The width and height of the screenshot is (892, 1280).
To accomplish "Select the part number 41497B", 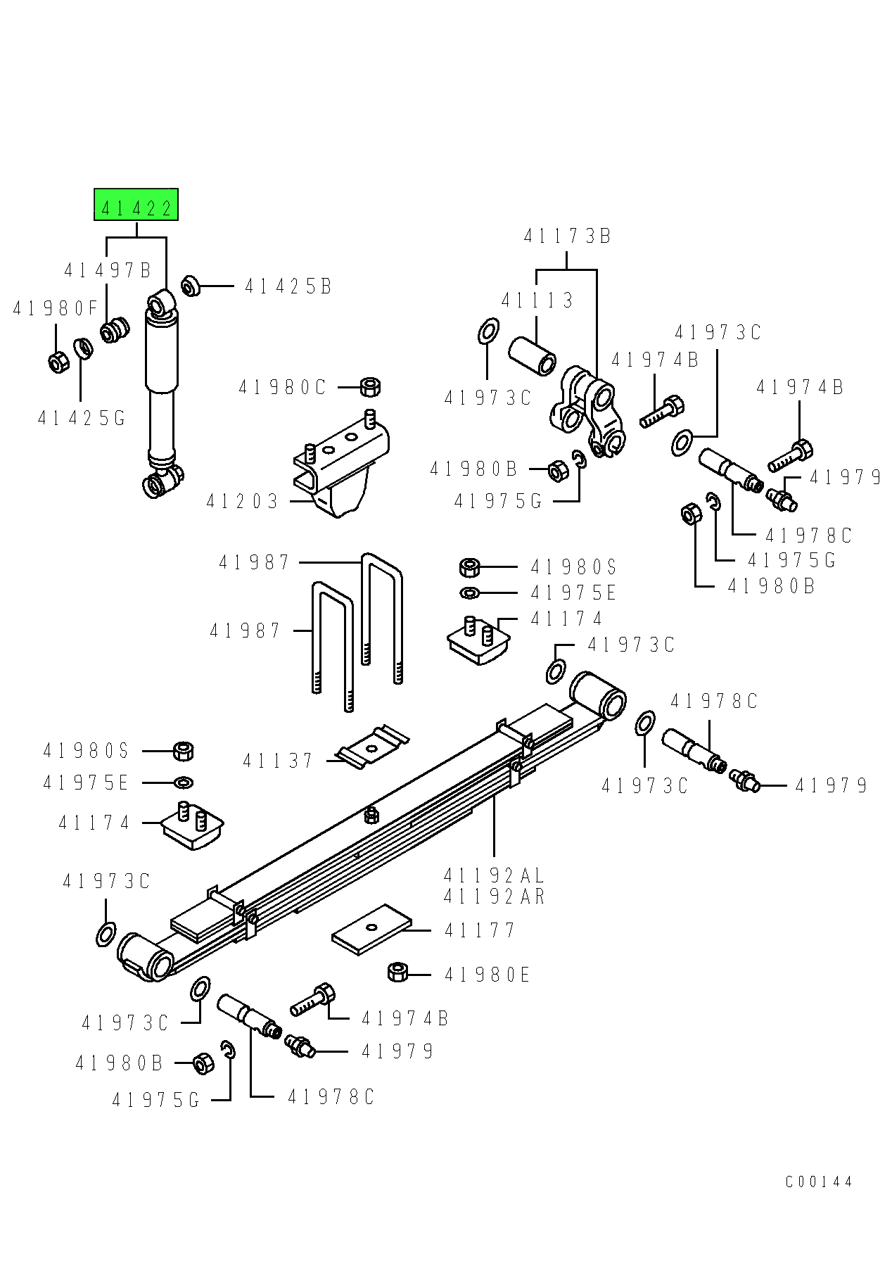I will (108, 270).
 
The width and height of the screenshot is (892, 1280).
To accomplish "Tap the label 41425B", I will (288, 286).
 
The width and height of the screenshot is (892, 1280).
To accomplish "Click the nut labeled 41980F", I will (58, 362).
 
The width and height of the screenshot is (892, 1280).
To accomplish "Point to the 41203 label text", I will (242, 502).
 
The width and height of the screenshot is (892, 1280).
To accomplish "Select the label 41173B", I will (567, 236).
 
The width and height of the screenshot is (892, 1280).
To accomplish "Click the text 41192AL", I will (494, 875).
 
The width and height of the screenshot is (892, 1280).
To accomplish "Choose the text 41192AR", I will (494, 896).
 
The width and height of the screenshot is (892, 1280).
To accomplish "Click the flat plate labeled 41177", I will (371, 930).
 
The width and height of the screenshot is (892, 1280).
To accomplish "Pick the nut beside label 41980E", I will (397, 973).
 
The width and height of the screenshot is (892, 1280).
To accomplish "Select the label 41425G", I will (82, 419).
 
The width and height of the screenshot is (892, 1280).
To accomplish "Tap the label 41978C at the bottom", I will (331, 1097).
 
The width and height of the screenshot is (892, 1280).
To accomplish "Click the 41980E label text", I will (487, 975).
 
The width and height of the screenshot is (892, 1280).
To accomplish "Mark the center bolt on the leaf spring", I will (372, 814).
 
